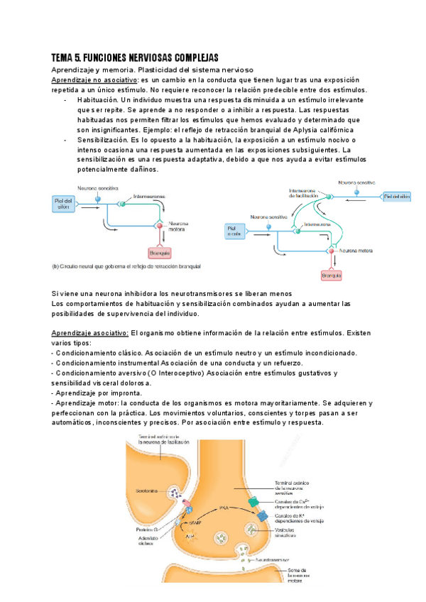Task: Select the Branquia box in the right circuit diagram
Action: point(331,274)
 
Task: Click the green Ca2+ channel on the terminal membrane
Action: point(253,503)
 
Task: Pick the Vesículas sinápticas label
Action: point(285,533)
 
